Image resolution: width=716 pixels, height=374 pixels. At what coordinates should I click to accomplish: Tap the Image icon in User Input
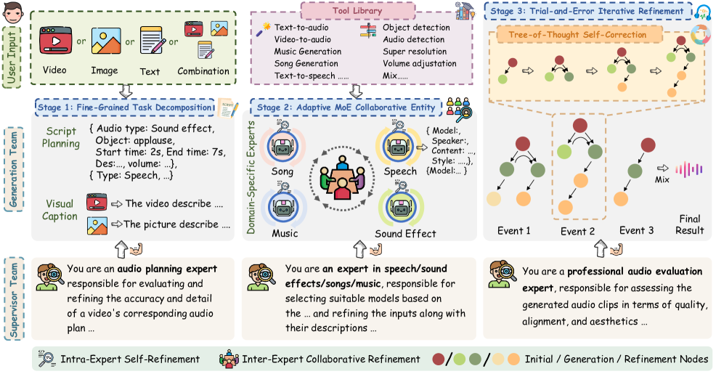(x=105, y=41)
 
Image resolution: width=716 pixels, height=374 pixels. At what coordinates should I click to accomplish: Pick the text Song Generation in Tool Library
(x=307, y=63)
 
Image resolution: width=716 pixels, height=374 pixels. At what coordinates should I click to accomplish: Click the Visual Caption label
(x=60, y=210)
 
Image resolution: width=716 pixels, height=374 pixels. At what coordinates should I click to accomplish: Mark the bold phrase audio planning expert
(x=167, y=269)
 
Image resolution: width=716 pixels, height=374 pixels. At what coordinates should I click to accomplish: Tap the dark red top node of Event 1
(x=520, y=145)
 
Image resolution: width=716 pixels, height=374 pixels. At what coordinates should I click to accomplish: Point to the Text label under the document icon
(x=150, y=71)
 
